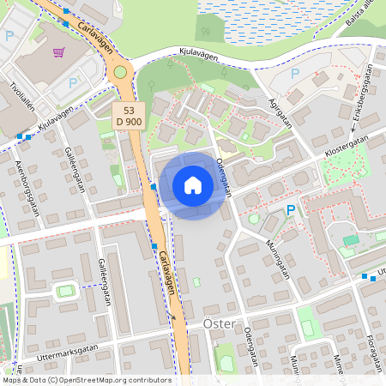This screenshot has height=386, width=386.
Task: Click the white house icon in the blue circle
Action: [x=193, y=185]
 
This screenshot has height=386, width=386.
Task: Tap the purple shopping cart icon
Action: [x=59, y=53]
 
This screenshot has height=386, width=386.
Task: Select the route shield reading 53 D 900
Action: [x=129, y=117]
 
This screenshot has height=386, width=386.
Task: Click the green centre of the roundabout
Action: [x=120, y=73]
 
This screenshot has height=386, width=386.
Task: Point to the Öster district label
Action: [x=219, y=324]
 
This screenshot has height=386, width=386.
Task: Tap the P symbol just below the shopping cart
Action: [x=73, y=83]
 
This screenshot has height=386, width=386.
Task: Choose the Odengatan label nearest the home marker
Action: [x=226, y=175]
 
